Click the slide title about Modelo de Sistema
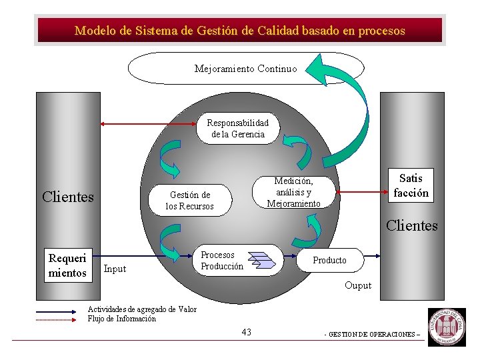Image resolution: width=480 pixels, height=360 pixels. coord(240,31)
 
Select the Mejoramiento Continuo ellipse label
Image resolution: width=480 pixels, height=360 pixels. coord(245,69)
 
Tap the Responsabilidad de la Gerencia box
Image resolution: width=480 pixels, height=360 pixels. coord(237,128)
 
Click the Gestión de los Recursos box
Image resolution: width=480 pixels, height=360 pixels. coord(190,201)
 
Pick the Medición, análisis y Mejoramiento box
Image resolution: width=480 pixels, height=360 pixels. coord(293,192)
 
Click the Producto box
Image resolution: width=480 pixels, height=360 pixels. coord(330,260)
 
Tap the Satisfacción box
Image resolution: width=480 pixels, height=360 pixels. coord(411,185)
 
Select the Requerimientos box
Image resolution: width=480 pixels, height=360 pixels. coord(67,265)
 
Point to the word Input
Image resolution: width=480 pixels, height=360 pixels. coord(115,269)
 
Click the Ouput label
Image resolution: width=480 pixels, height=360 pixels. coord(358,286)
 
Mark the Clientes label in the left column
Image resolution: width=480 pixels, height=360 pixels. coord(67,197)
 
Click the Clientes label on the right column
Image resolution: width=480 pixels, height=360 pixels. coord(412,225)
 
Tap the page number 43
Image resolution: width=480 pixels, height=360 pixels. coord(247,332)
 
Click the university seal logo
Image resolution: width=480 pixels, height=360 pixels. coord(447,327)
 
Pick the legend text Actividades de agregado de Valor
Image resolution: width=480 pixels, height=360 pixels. coord(142,309)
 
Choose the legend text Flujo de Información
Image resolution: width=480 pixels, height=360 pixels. coord(122,319)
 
